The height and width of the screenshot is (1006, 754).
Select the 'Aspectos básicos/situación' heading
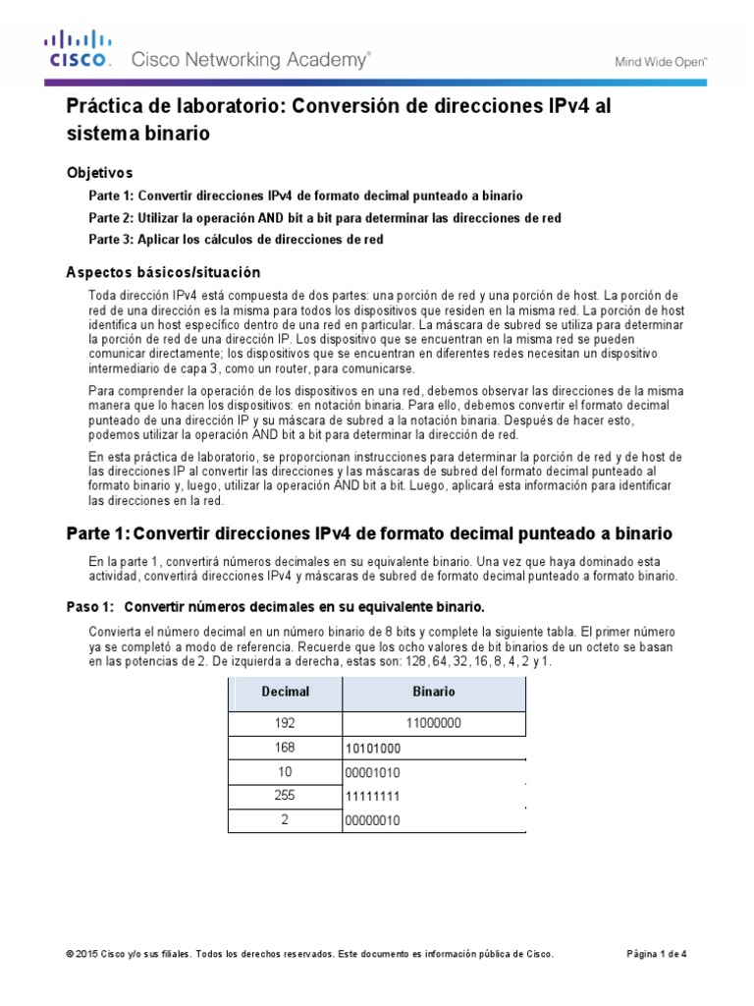163,272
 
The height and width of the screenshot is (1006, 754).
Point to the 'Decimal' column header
285,692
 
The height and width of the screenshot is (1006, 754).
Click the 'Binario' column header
433,692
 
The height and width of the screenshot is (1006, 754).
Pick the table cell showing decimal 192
285,724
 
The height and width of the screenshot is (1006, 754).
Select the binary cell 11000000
433,724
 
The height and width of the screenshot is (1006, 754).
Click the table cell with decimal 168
285,748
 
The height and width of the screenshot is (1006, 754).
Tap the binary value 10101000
373,749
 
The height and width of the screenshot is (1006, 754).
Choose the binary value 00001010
373,772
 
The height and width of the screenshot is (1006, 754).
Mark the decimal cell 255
285,795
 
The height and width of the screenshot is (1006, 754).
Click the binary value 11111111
373,796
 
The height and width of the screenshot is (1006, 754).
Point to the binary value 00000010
373,819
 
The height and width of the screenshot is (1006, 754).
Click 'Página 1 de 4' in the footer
657,954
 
